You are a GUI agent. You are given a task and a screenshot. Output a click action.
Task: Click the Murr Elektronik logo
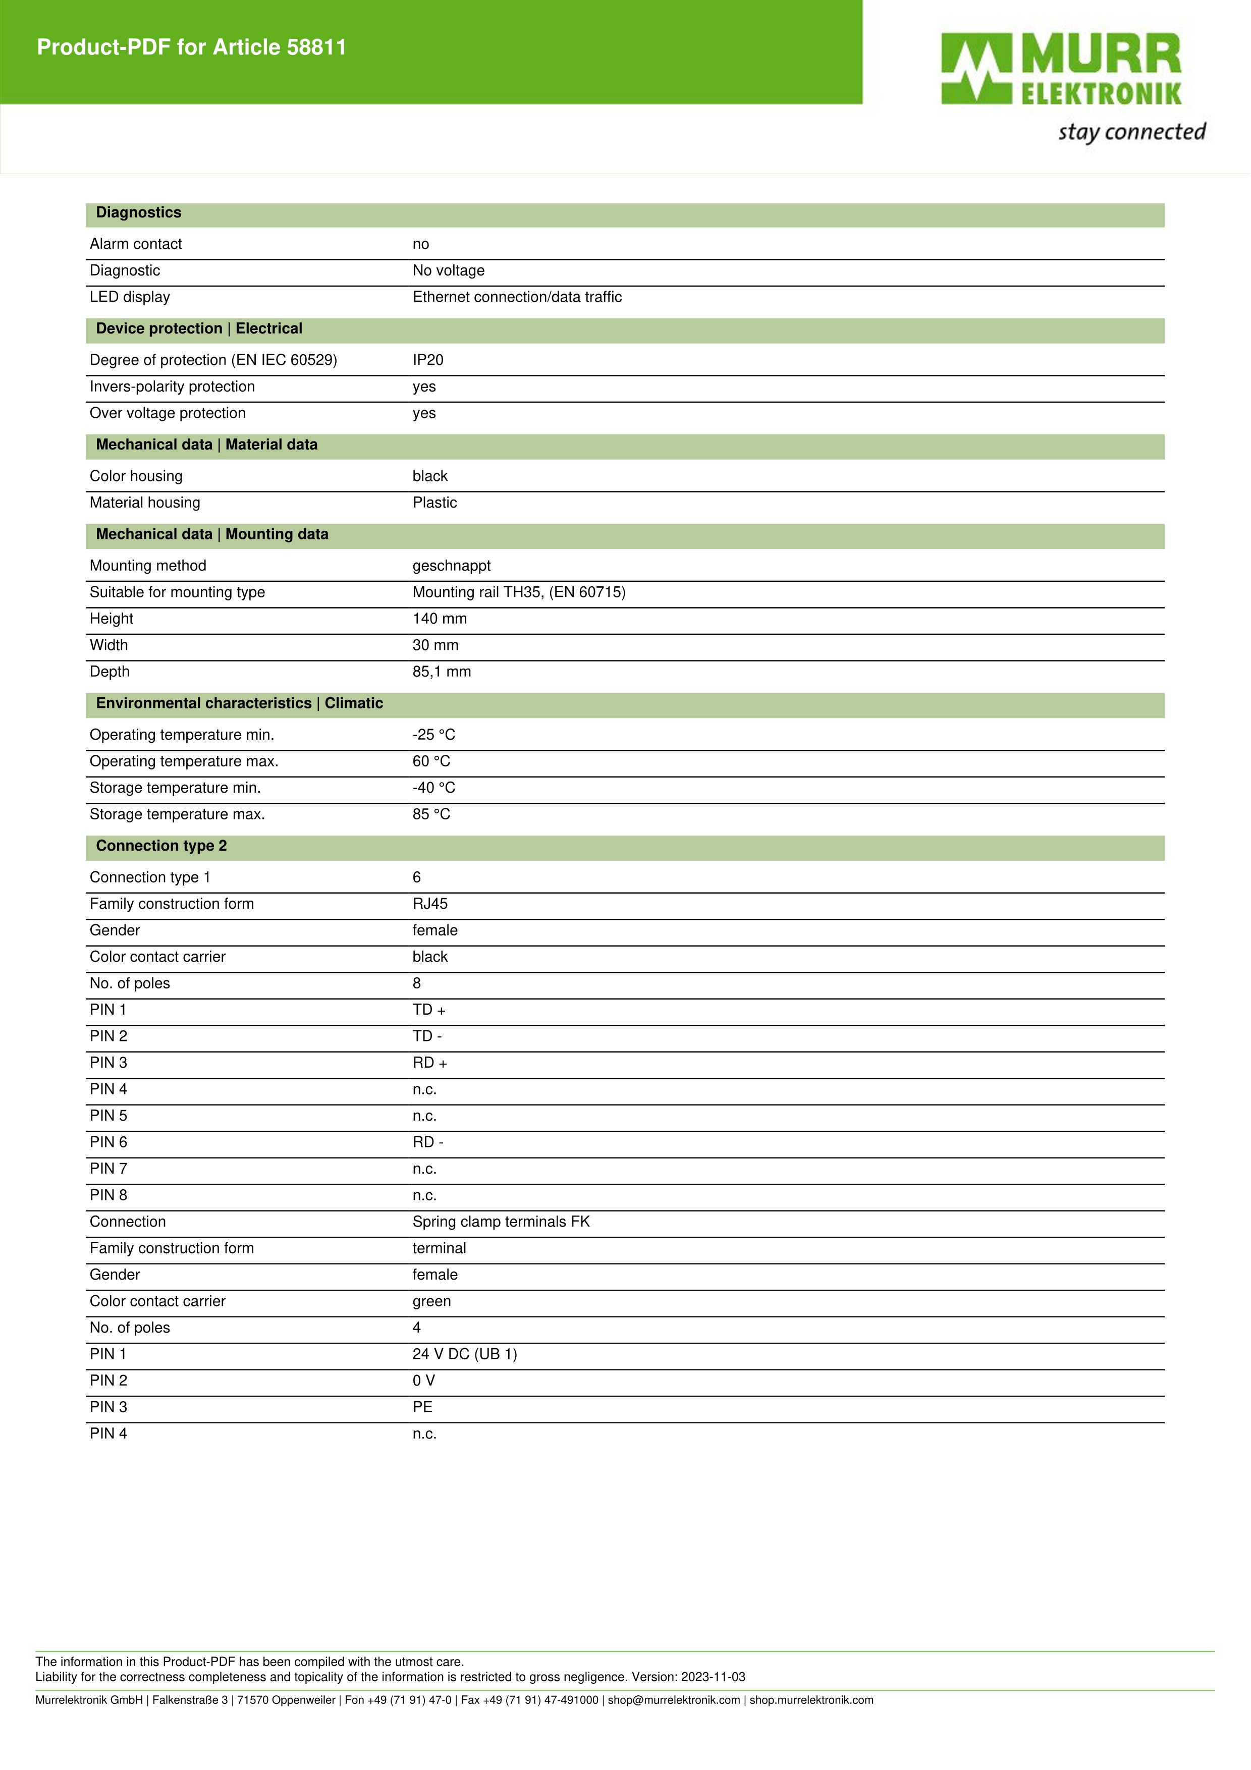point(1061,70)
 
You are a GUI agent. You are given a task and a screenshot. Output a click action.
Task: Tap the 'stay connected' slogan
point(1131,132)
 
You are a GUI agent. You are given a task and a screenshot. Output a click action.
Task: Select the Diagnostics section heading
point(139,213)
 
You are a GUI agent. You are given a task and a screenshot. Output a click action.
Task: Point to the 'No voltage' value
point(449,270)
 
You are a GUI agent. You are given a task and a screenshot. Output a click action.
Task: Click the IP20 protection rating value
point(428,360)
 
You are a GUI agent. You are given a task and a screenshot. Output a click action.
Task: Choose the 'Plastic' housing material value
point(434,503)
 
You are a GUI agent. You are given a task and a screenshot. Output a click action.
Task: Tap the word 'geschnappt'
point(452,566)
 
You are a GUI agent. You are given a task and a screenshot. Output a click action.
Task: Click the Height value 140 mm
point(440,619)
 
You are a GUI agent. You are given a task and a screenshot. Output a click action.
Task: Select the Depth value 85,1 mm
point(442,672)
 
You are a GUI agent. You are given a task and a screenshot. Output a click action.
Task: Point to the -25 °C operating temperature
point(434,735)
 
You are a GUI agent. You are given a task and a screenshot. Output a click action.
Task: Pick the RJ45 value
point(430,904)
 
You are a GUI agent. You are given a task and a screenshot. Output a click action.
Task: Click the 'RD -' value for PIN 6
point(428,1142)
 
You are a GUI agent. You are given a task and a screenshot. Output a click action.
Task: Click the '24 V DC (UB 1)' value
point(465,1354)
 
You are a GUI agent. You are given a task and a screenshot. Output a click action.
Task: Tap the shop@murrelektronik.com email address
point(674,1700)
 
